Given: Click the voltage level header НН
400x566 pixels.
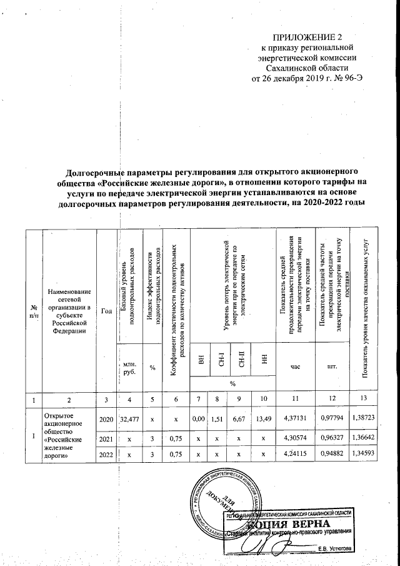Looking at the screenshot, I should [x=264, y=360].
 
